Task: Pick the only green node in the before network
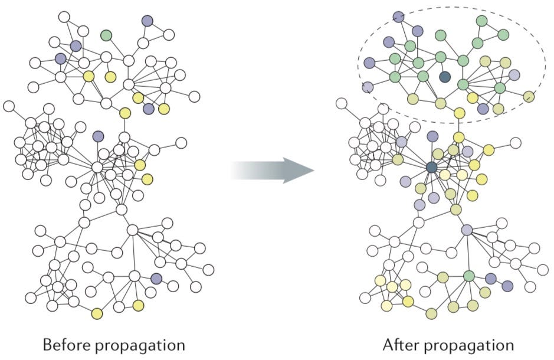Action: click(106, 35)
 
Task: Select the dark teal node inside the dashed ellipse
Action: click(445, 77)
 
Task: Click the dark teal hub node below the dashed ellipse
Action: click(432, 168)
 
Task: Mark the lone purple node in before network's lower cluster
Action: click(156, 278)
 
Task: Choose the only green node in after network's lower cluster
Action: click(469, 276)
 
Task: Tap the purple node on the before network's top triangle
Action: click(147, 21)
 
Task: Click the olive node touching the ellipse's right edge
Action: click(529, 96)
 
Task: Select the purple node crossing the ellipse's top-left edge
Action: click(398, 17)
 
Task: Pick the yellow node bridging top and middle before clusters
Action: click(124, 113)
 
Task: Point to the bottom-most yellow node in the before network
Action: click(97, 313)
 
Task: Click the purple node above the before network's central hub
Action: click(98, 136)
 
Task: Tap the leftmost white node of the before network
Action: click(9, 106)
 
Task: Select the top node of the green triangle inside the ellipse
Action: click(481, 21)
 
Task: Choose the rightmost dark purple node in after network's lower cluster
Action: click(507, 286)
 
